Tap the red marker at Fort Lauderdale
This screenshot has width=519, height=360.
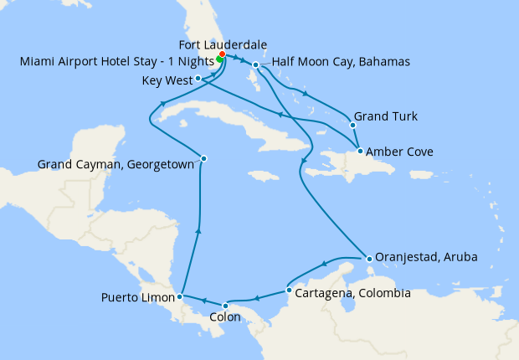pyautogui.click(x=222, y=55)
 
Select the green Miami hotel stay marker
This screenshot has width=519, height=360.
pyautogui.click(x=219, y=60)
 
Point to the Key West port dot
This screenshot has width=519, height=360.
pyautogui.click(x=198, y=79)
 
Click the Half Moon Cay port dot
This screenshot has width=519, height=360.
pyautogui.click(x=255, y=64)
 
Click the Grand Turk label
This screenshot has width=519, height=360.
pyautogui.click(x=386, y=116)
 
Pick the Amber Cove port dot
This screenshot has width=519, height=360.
pyautogui.click(x=360, y=152)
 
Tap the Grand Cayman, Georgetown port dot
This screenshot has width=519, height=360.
pyautogui.click(x=203, y=158)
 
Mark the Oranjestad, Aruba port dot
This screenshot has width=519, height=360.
pyautogui.click(x=367, y=258)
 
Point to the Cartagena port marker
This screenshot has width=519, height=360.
pyautogui.click(x=289, y=291)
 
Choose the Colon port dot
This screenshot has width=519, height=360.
pyautogui.click(x=225, y=305)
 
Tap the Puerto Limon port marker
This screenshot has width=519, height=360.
pyautogui.click(x=180, y=296)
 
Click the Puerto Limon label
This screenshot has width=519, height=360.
pyautogui.click(x=138, y=297)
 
